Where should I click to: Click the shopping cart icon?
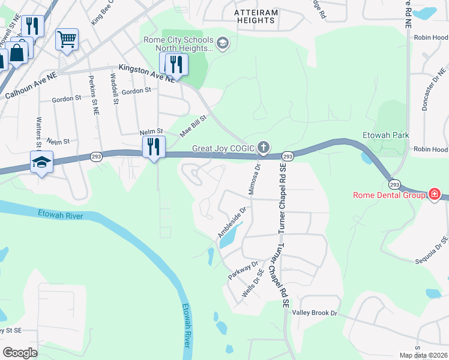[x=67, y=40]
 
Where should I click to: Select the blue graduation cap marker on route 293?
[x=42, y=162]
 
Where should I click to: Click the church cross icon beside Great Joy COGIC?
[x=263, y=147]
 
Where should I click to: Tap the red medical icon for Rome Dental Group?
[x=433, y=194]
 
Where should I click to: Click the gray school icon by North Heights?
[x=223, y=43]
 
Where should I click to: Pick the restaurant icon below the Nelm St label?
[x=154, y=146]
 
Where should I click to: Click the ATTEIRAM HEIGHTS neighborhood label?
[x=247, y=16]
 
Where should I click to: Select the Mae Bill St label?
[x=194, y=126]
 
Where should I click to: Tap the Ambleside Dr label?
[x=232, y=223]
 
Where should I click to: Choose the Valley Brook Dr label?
[x=315, y=313]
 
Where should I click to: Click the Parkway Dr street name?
[x=243, y=271]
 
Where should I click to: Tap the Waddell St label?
[x=113, y=89]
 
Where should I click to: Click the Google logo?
[x=20, y=352]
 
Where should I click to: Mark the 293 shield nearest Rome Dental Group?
[x=394, y=184]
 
